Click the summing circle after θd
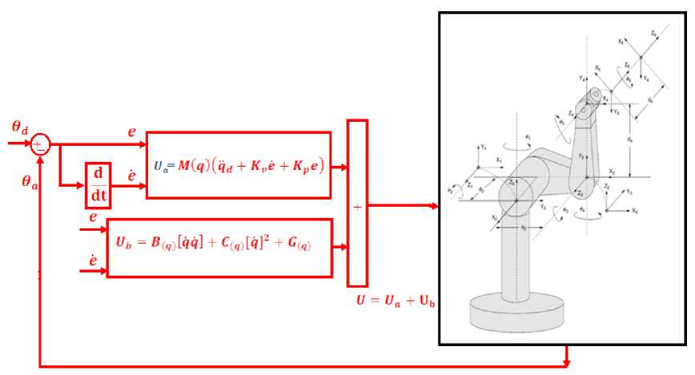40,144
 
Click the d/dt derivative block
98,182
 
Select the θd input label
19,127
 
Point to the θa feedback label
30,181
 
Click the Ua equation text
238,166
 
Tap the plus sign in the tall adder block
357,206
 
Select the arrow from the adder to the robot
403,206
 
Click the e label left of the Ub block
93,218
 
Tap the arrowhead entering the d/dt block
82,183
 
